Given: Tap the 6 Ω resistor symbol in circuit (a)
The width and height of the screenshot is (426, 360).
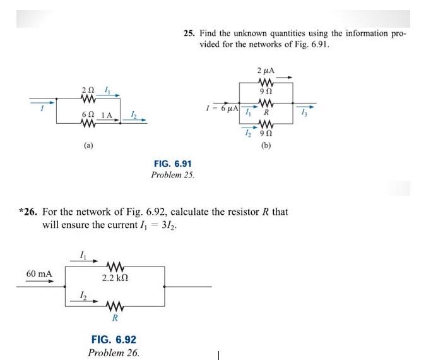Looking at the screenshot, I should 89,123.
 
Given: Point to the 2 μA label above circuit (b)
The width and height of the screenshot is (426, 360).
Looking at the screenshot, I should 266,70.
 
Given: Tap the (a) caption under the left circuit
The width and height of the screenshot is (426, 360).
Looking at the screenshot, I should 89,145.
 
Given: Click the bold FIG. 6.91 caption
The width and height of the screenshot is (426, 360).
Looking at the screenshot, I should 173,164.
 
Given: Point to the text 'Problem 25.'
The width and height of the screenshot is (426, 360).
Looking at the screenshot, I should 173,174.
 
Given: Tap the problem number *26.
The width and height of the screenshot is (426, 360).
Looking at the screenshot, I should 29,212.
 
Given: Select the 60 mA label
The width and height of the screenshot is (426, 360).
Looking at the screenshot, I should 39,274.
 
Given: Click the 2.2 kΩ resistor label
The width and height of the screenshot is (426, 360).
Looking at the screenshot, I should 115,278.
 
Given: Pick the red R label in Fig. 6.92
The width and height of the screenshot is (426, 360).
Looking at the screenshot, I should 115,318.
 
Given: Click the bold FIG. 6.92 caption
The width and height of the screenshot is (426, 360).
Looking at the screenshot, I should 114,340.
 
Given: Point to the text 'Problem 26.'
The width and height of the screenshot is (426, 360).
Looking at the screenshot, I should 114,352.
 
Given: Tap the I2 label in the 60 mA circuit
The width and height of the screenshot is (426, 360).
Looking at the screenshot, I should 83,296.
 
